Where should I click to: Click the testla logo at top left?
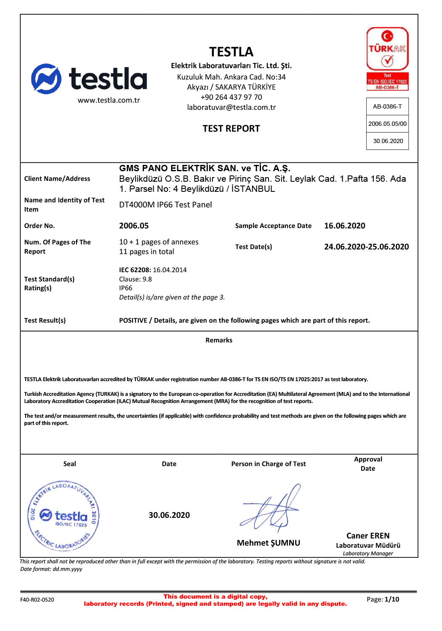click(89, 79)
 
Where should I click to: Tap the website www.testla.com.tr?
click(109, 100)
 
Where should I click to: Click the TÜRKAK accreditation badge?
click(387, 59)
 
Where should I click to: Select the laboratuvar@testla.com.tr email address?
click(231, 107)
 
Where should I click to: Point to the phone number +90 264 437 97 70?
click(231, 97)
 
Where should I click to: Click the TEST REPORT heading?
click(231, 129)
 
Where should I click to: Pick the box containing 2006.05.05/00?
click(387, 124)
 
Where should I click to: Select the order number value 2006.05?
click(134, 226)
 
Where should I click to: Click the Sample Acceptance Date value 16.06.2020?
click(344, 226)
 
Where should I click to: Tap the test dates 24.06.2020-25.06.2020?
click(366, 247)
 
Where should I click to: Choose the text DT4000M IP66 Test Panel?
click(165, 205)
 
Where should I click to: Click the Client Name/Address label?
click(57, 179)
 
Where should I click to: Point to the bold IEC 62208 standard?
click(135, 270)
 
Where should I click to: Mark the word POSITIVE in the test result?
click(133, 321)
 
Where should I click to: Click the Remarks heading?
click(219, 340)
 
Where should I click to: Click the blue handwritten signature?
click(271, 509)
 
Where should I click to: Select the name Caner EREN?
click(368, 536)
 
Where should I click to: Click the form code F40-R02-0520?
click(37, 600)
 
